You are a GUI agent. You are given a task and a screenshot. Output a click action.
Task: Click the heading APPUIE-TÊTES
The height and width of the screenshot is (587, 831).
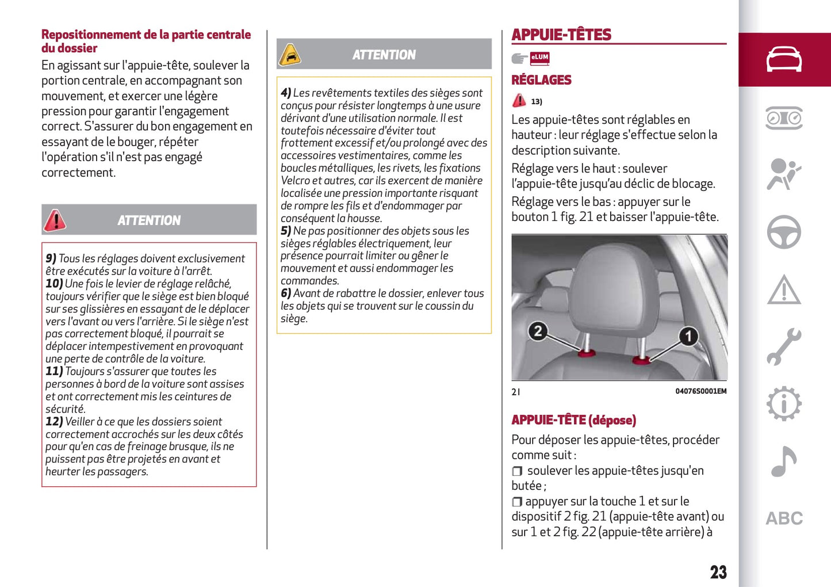pos(561,35)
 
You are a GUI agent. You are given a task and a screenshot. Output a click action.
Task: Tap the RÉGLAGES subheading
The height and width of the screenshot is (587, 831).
pos(541,80)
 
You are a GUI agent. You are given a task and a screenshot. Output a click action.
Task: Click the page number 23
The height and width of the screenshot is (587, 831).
pos(718,572)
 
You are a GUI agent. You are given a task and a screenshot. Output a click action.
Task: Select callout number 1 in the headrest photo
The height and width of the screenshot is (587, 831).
pos(688,336)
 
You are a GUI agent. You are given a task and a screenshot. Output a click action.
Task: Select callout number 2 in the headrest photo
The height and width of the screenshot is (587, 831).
pos(538,331)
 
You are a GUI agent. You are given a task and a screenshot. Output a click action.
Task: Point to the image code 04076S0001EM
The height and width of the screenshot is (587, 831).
pos(700,391)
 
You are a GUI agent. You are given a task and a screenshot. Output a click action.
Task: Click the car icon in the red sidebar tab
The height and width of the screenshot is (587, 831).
pos(784,59)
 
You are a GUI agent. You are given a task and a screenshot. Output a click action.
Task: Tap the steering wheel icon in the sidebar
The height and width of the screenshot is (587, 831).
pos(784,232)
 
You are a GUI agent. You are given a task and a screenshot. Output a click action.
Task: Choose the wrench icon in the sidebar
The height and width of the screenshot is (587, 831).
pos(784,346)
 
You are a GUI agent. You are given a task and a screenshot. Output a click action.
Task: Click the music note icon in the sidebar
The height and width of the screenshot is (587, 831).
pos(783,461)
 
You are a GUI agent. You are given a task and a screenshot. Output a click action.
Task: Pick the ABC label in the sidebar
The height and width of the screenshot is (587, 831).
pos(784,519)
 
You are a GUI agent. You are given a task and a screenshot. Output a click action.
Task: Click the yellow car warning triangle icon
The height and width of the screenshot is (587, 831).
pos(290,55)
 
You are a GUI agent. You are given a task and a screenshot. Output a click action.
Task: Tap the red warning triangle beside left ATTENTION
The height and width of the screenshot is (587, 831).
pos(55,220)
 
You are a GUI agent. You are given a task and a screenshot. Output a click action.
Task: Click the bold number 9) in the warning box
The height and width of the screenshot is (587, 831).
pos(51,259)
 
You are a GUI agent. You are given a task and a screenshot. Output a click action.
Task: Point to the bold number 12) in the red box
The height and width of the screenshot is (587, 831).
pos(54,422)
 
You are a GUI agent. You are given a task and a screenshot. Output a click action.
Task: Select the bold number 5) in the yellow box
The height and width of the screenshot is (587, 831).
pos(286,231)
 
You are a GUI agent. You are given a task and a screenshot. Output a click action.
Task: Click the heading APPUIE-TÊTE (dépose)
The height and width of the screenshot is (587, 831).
pos(573,420)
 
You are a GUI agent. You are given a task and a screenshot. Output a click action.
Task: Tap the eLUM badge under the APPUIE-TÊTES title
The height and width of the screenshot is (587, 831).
pos(539,58)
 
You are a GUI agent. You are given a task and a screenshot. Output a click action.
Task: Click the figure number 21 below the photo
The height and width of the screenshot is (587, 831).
pos(516,392)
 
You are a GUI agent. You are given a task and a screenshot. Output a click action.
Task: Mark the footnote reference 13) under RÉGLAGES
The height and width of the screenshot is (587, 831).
pos(537,102)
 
